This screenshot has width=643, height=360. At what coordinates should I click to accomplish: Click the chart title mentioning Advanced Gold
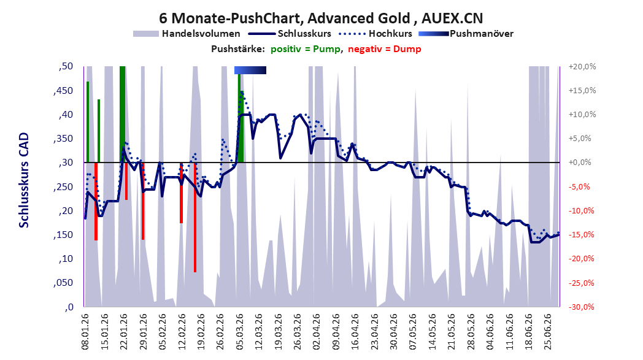coord(321,18)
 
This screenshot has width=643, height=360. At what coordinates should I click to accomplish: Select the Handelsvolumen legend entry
coord(187,34)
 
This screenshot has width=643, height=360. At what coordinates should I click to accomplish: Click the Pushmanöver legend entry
coord(466,34)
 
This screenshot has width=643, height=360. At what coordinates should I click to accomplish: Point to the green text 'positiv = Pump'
coord(306,49)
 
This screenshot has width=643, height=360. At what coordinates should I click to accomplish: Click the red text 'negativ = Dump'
coord(384,49)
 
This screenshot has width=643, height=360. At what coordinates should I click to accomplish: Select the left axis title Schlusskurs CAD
coord(24,180)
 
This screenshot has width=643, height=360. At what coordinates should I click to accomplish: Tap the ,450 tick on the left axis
coord(63,91)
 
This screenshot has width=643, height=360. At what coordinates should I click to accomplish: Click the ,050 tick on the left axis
coord(63,283)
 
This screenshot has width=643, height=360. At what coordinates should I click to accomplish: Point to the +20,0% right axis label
coord(582,66)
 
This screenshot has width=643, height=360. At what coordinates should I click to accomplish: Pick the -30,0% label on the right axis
coord(582,307)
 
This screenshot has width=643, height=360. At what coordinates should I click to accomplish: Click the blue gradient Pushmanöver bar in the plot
coord(250,70)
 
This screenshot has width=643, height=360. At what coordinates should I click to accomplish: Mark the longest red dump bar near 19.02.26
coord(195,217)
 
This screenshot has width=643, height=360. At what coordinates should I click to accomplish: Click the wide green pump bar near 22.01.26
coord(122,115)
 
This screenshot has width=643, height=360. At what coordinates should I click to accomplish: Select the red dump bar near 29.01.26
coord(143,201)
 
